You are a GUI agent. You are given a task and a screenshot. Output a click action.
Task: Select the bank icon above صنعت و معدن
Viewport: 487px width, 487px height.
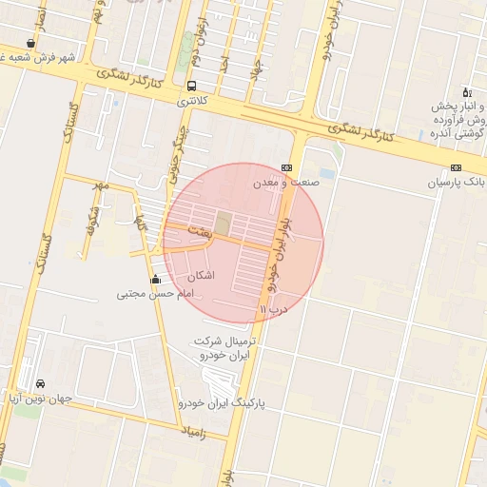(x=285, y=166)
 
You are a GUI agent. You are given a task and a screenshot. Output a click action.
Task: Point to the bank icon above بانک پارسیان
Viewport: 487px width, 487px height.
(x=458, y=167)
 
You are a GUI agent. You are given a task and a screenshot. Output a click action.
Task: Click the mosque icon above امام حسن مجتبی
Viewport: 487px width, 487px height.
(x=156, y=279)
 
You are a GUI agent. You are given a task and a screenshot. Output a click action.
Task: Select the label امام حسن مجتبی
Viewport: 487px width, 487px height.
(x=155, y=294)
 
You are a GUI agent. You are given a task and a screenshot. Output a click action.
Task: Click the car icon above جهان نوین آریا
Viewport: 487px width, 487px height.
(x=39, y=383)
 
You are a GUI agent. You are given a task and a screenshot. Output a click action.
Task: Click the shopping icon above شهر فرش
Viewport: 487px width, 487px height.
(x=32, y=43)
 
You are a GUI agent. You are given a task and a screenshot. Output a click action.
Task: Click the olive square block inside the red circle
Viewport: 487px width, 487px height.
(x=222, y=224)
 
